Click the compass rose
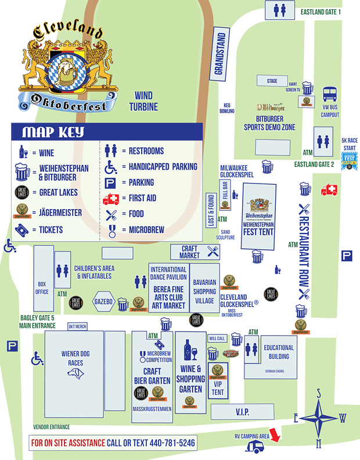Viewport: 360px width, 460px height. point(318,418)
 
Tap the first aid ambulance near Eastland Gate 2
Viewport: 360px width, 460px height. point(329,190)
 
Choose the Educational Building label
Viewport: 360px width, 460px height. point(279,352)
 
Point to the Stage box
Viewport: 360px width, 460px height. point(272,81)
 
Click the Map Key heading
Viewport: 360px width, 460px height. point(53,132)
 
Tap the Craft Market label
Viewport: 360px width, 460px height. point(189,251)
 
